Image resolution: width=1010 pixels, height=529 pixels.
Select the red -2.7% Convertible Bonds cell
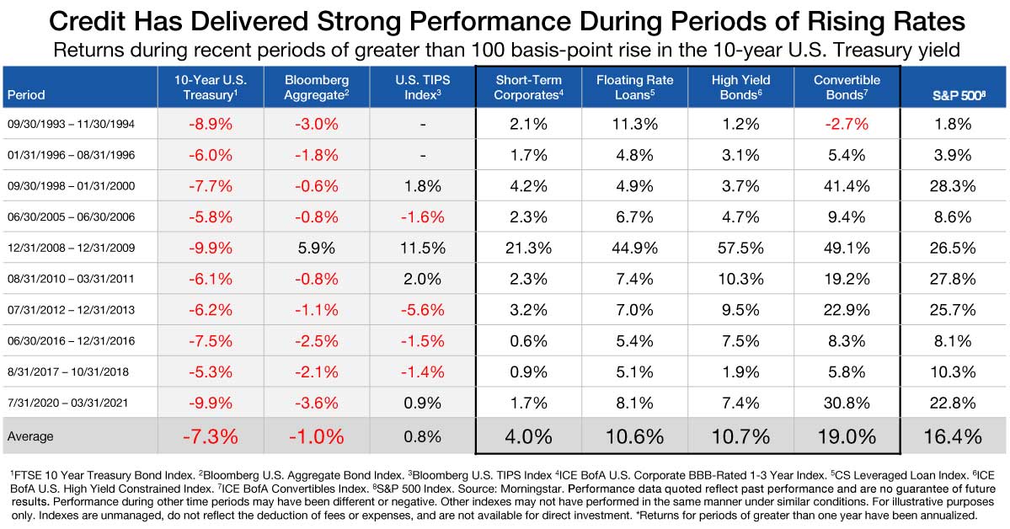click(847, 124)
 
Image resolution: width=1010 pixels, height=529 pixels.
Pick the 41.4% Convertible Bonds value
click(847, 186)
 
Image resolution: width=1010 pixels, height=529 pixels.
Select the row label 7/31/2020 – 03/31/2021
click(67, 404)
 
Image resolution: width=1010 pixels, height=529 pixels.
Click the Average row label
click(30, 436)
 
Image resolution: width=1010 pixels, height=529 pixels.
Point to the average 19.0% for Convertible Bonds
click(847, 436)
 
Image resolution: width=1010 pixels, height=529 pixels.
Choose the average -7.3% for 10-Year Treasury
click(211, 436)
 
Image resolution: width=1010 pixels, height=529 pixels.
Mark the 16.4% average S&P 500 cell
click(954, 436)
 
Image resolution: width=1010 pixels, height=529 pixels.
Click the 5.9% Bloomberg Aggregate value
click(317, 248)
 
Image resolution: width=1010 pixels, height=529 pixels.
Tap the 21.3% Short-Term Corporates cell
click(530, 248)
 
